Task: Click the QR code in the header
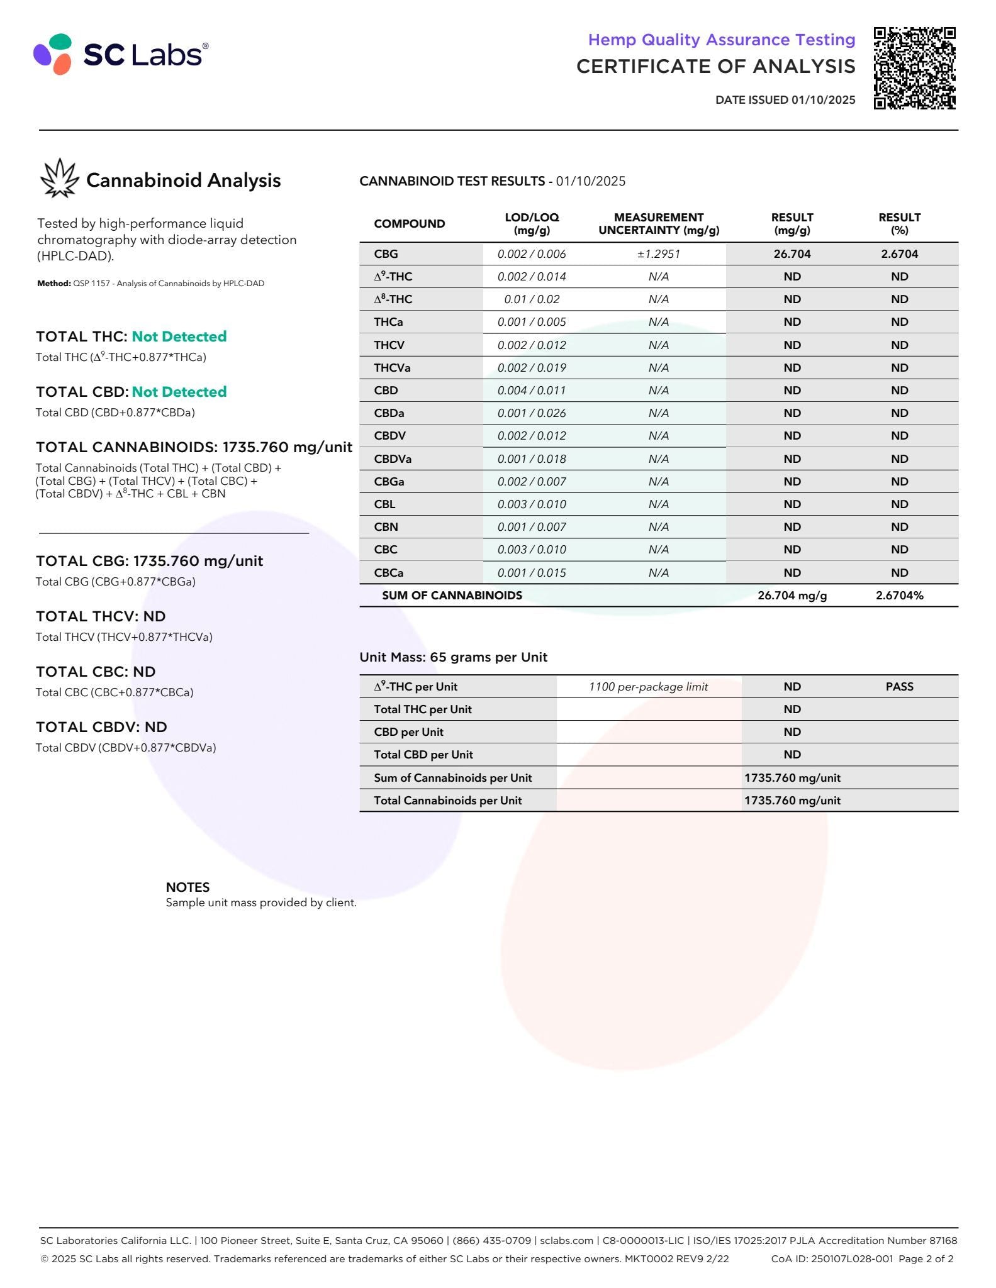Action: [914, 68]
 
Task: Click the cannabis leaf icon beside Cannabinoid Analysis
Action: [59, 179]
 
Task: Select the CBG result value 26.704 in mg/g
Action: [792, 254]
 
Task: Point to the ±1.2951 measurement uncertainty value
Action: [658, 254]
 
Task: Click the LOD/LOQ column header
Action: [532, 223]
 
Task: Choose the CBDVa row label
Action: [393, 458]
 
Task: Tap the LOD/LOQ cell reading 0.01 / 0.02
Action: [532, 299]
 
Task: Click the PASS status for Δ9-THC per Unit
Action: [899, 687]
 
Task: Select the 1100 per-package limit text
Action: [648, 687]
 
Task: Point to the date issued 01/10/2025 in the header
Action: [785, 99]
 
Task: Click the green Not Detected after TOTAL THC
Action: [179, 336]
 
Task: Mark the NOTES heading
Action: [187, 887]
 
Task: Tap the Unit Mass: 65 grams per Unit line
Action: [453, 657]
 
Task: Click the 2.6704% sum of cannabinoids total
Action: [899, 595]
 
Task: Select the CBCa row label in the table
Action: [389, 572]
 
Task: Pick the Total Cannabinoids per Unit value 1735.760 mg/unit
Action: [792, 801]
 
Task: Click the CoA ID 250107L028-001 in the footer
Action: [832, 1258]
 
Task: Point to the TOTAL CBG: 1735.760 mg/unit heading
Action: [149, 561]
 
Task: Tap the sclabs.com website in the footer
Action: [566, 1240]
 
